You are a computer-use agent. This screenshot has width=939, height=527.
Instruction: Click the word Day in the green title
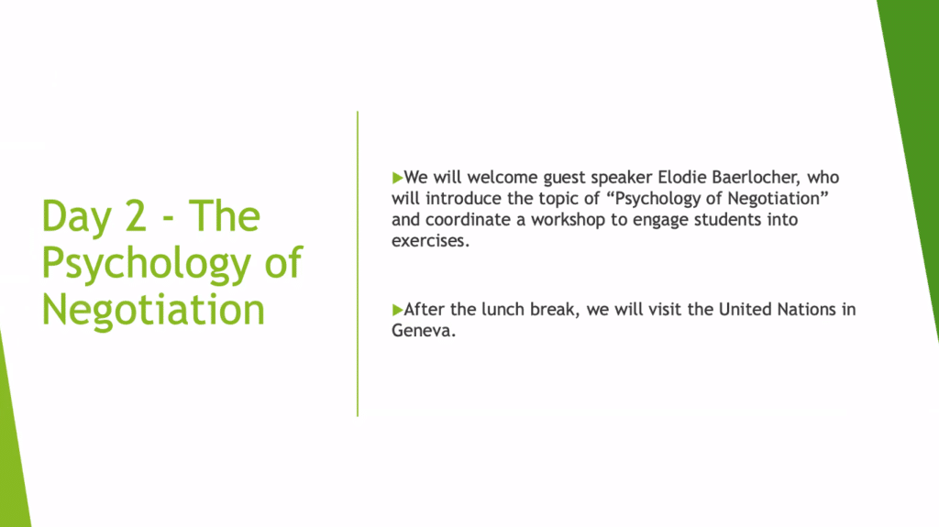76,218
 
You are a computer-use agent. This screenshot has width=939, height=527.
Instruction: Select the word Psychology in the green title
146,265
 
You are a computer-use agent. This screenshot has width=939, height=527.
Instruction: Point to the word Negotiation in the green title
153,310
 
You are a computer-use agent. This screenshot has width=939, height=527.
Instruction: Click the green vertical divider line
358,264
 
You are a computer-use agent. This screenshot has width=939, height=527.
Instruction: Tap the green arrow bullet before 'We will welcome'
398,178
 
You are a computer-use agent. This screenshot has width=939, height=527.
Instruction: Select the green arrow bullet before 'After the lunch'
398,310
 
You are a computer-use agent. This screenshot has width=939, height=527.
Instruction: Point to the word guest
564,179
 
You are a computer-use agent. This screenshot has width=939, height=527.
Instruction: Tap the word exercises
431,241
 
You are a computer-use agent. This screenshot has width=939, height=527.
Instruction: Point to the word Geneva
424,331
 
